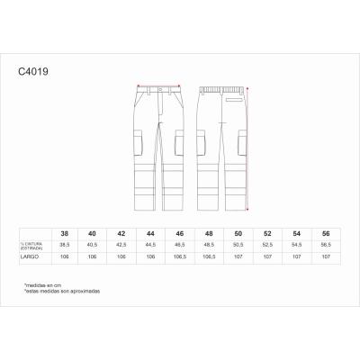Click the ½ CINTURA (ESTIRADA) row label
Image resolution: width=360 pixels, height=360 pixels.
coord(33,244)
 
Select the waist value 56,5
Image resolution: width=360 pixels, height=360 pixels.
coord(325,244)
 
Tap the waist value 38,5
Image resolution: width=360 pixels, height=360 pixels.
coord(64,244)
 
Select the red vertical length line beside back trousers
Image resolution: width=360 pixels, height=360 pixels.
coord(256,144)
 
